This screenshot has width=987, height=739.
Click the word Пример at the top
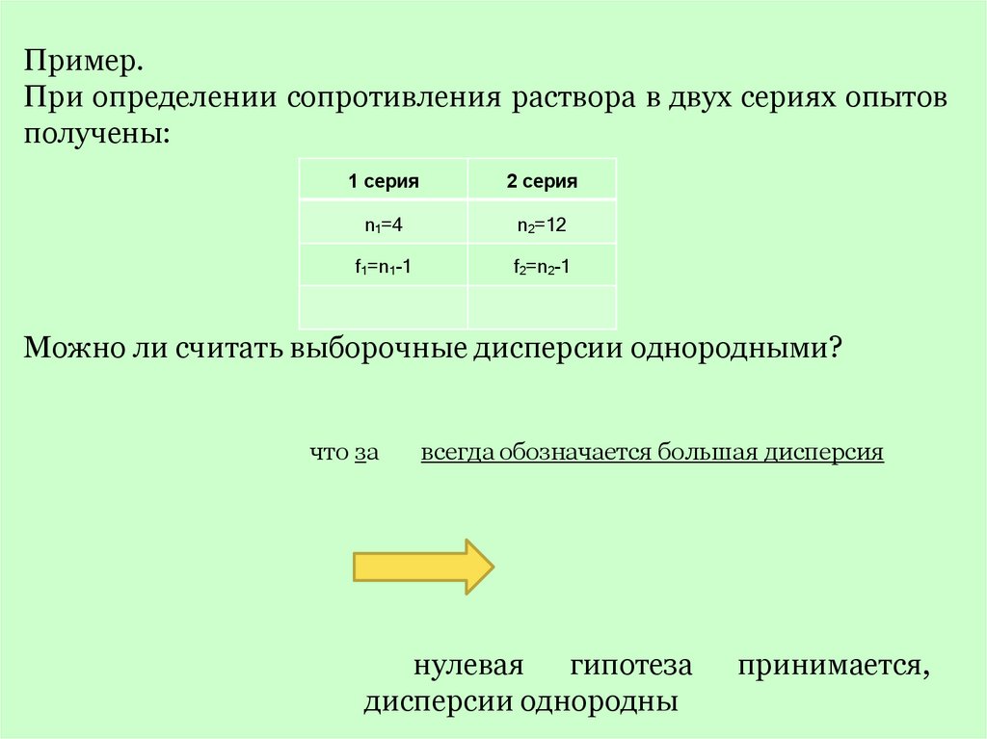pos(84,65)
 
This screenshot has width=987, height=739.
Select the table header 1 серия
pos(384,180)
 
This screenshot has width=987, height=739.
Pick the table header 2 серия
pos(543,180)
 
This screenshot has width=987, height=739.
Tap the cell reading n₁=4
pos(383,224)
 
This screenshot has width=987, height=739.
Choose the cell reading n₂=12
pos(542,224)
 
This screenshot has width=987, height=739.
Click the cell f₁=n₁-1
pos(383,268)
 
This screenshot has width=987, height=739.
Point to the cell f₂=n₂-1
pos(542,268)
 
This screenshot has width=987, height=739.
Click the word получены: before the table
pos(96,133)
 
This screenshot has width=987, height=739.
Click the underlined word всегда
pos(452,453)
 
